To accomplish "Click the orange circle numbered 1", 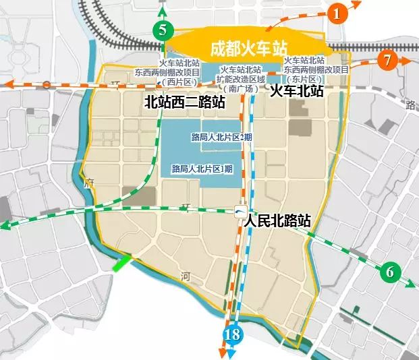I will [x=339, y=11].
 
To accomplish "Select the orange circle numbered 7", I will [x=387, y=59].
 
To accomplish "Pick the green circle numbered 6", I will [x=389, y=272].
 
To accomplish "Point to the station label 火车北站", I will [x=296, y=90].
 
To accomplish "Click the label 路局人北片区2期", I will [x=217, y=138].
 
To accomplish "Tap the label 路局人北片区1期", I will [x=202, y=169].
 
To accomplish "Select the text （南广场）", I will [x=242, y=88].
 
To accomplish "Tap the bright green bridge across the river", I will [x=123, y=262].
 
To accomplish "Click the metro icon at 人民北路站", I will [x=240, y=212].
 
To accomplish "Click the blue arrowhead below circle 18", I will [x=231, y=353].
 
